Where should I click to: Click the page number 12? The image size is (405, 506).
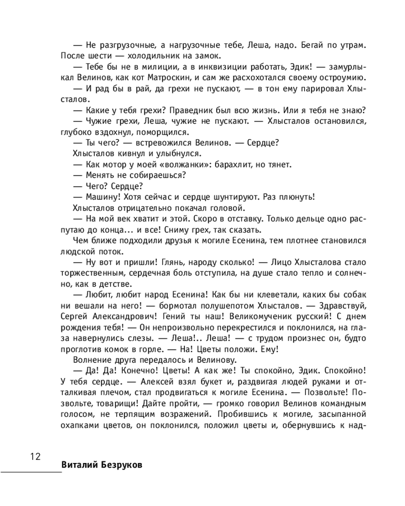tap(35, 457)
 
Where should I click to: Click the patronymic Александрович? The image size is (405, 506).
tap(119, 317)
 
